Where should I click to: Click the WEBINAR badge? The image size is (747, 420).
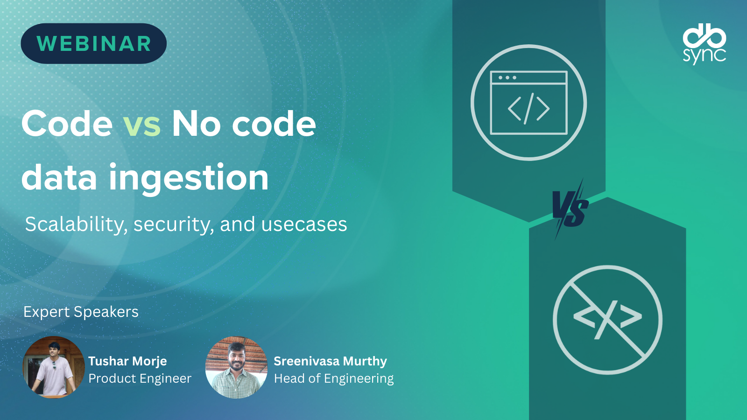pos(94,44)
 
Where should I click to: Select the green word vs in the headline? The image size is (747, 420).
pos(142,124)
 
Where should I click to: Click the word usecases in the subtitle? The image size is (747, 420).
pos(304,224)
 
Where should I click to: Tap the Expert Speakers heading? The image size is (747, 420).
pos(81,312)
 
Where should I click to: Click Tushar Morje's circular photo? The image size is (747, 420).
pos(53,367)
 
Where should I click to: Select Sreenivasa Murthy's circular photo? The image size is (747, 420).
pos(236,367)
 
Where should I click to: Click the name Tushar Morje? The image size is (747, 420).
pos(127,361)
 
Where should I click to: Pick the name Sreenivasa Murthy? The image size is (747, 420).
pos(330,361)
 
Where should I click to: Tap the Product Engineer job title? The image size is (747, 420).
pos(140,378)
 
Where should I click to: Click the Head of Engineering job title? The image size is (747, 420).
pos(333,378)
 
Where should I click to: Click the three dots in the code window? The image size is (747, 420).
pos(507,77)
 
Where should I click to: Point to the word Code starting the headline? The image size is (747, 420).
pos(67,124)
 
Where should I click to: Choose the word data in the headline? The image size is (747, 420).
pos(59,177)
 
